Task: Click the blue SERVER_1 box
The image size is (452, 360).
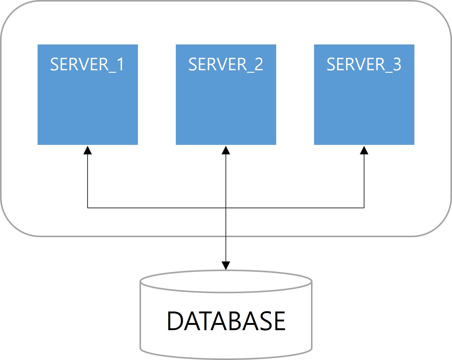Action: [88, 103]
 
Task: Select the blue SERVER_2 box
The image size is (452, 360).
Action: [226, 103]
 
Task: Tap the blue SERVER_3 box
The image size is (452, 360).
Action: [364, 103]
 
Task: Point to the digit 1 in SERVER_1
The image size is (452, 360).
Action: [120, 64]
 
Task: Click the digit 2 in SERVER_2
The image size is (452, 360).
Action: [258, 64]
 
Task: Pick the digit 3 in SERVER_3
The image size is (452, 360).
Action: [397, 64]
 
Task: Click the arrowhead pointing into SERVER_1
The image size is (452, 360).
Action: [88, 150]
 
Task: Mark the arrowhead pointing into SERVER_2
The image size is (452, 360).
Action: [226, 150]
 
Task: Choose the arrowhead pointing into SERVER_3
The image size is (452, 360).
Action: [364, 150]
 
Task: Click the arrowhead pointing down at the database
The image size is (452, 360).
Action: [226, 265]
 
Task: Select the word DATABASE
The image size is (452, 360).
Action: [226, 321]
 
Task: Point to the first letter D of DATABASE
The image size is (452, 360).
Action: [175, 321]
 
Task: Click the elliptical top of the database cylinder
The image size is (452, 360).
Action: [226, 281]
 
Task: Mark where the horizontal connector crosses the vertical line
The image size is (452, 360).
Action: [226, 208]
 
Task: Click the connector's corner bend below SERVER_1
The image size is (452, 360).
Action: [88, 208]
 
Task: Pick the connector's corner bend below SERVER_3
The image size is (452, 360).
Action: [364, 208]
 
